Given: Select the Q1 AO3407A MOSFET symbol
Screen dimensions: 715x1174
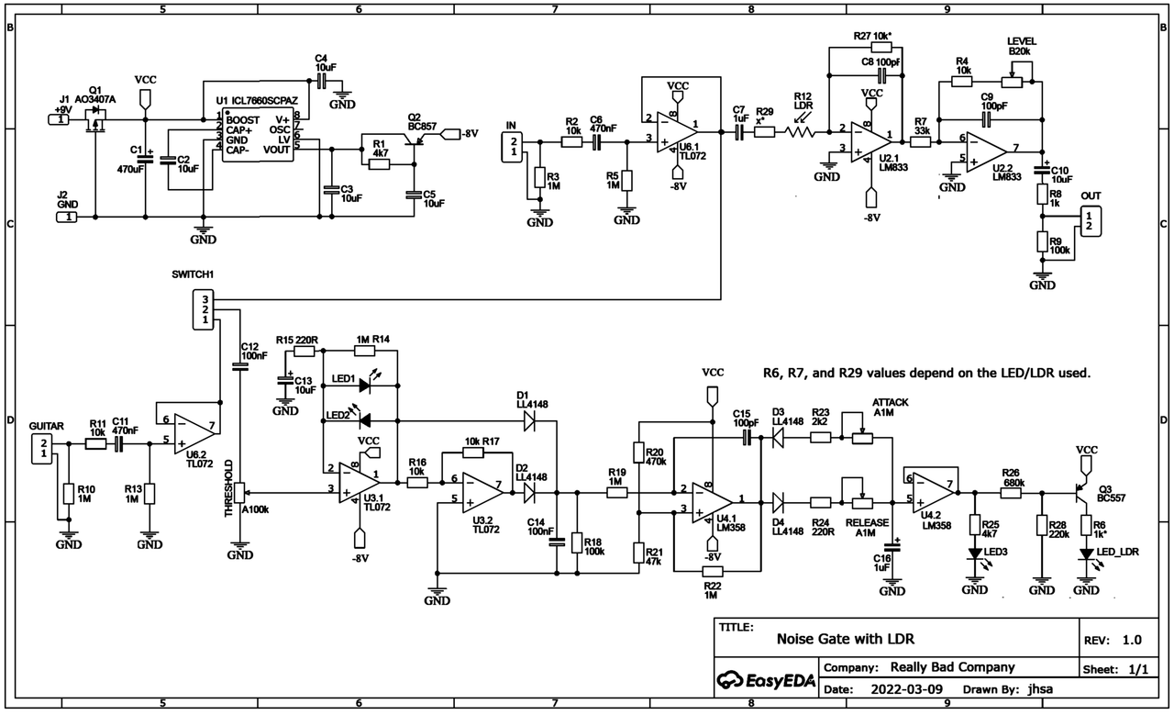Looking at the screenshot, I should coord(94,118).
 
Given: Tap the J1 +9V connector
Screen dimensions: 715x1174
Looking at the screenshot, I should coord(61,118).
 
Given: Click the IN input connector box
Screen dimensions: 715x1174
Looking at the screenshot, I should coord(514,144).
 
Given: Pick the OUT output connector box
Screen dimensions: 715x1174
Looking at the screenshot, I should coord(1090,219).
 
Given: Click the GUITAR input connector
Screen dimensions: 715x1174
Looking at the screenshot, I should coord(42,450).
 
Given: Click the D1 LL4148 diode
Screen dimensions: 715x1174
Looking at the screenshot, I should coord(529,420).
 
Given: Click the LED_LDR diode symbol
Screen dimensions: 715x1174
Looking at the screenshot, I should coord(1086,553).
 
